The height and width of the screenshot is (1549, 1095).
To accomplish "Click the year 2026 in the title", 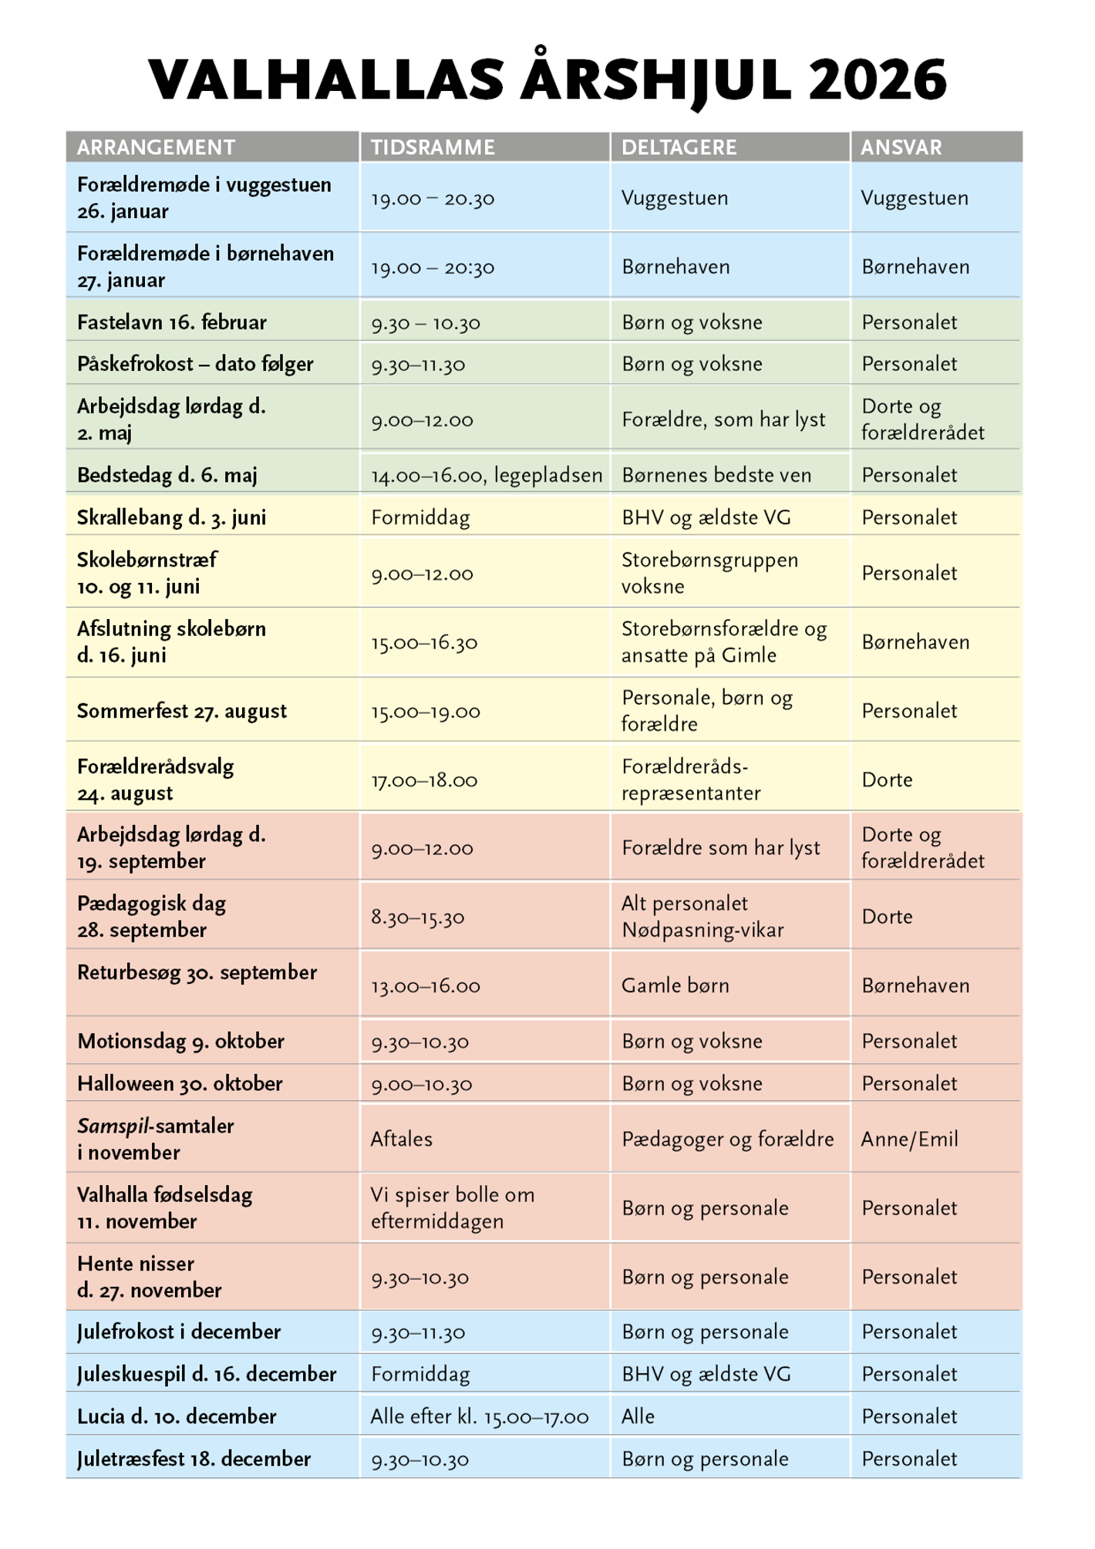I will (877, 80).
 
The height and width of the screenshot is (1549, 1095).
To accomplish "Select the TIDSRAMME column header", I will (433, 147).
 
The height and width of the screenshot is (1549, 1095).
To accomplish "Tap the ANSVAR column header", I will (901, 147).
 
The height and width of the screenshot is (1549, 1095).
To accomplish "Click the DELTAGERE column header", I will (679, 147).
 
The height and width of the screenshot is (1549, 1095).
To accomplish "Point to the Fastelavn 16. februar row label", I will (172, 322).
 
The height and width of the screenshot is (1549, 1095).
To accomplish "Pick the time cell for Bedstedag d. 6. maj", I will (486, 475).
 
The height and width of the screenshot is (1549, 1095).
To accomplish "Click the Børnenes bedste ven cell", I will (716, 475).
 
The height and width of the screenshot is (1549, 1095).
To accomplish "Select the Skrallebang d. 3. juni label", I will (171, 517).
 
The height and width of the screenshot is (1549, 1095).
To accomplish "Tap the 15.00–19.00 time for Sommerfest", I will (425, 711).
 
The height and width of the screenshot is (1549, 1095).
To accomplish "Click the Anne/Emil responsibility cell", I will (909, 1139).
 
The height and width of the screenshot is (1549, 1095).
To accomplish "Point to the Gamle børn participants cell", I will (675, 985).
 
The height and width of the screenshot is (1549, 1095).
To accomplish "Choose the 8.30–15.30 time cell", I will (417, 917).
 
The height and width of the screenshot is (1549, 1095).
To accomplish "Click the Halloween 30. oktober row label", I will (180, 1083).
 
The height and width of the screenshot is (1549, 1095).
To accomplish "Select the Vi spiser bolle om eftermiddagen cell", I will (452, 1207).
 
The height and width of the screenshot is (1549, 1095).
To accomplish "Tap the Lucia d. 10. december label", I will (177, 1416).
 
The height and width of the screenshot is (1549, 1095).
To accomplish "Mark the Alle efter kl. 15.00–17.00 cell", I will (479, 1416).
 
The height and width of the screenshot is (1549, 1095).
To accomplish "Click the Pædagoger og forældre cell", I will (727, 1139).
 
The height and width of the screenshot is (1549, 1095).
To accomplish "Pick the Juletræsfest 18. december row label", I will (194, 1459).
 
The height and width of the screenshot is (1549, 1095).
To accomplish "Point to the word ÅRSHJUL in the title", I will (656, 80).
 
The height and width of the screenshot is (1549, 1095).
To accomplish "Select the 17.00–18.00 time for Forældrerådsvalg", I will (424, 780).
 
